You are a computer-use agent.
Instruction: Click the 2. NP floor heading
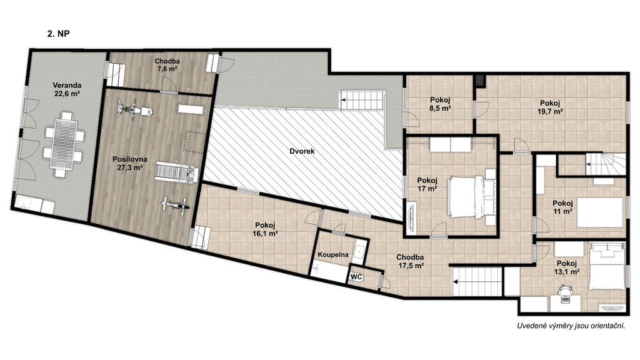coord(58,34)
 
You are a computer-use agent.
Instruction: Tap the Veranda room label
coord(67,85)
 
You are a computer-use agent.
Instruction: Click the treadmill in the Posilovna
coord(176,172)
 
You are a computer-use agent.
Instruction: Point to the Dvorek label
coord(302,151)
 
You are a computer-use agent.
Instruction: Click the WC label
coord(356,277)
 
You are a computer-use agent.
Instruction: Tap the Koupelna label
coord(333,255)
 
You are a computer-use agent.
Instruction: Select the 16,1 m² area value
coord(265,234)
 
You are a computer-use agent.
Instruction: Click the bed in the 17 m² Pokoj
coord(472,196)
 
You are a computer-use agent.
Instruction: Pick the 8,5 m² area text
coord(440,108)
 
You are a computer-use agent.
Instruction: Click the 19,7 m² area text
coord(550,111)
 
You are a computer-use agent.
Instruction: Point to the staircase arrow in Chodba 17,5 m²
coord(457,282)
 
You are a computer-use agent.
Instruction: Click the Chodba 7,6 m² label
coord(167,65)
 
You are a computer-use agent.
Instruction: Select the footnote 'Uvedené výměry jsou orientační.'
coord(571,326)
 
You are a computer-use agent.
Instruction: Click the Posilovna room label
coord(130,159)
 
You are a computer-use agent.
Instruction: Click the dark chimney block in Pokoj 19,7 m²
coord(480,81)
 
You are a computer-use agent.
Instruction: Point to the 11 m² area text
coord(562,211)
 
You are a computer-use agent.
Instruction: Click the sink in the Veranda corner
coord(29,204)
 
